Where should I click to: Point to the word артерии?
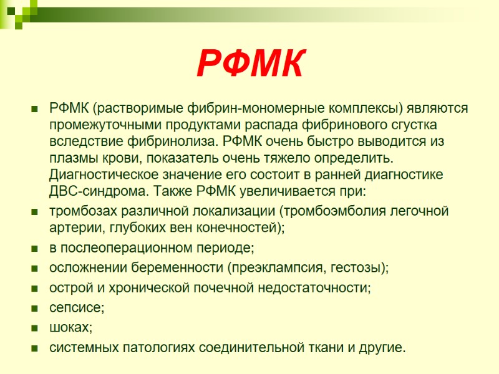tap(71, 228)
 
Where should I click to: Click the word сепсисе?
tap(76, 308)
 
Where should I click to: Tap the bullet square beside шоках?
tap(35, 328)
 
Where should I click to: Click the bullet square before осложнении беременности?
tap(35, 269)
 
